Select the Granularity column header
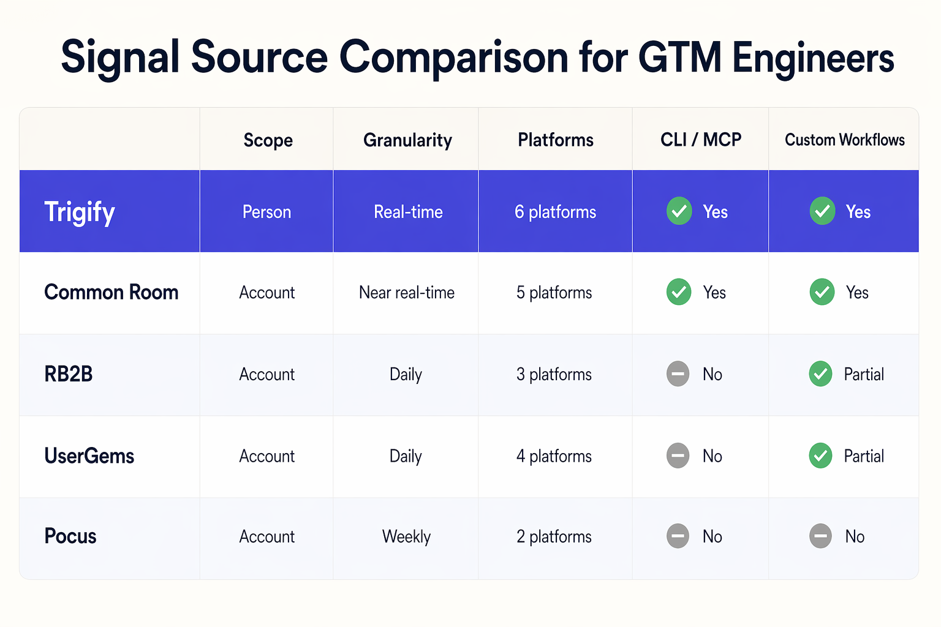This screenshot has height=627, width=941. [x=407, y=140]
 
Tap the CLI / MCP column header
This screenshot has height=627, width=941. [x=701, y=140]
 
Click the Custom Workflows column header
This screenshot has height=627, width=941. [x=844, y=140]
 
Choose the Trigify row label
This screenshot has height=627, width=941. [x=80, y=212]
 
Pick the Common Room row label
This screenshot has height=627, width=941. [x=111, y=293]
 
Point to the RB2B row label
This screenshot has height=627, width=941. [x=68, y=374]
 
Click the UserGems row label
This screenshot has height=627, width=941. [x=89, y=456]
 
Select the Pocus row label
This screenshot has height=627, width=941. [x=70, y=536]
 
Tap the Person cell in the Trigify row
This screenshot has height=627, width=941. [x=266, y=212]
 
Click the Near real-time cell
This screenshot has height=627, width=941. [x=407, y=293]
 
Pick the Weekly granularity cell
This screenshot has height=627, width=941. [x=406, y=536]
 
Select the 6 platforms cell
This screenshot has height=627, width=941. [x=555, y=212]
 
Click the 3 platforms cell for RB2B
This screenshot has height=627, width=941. [x=554, y=374]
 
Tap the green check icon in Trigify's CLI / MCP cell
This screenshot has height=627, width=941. [x=679, y=211]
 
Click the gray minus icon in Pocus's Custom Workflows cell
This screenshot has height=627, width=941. [x=820, y=536]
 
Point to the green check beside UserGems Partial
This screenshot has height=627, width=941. [x=820, y=456]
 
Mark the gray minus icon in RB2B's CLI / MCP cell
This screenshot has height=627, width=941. [x=678, y=374]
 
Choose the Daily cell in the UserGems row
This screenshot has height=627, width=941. [x=406, y=456]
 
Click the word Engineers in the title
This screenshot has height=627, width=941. [x=813, y=58]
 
